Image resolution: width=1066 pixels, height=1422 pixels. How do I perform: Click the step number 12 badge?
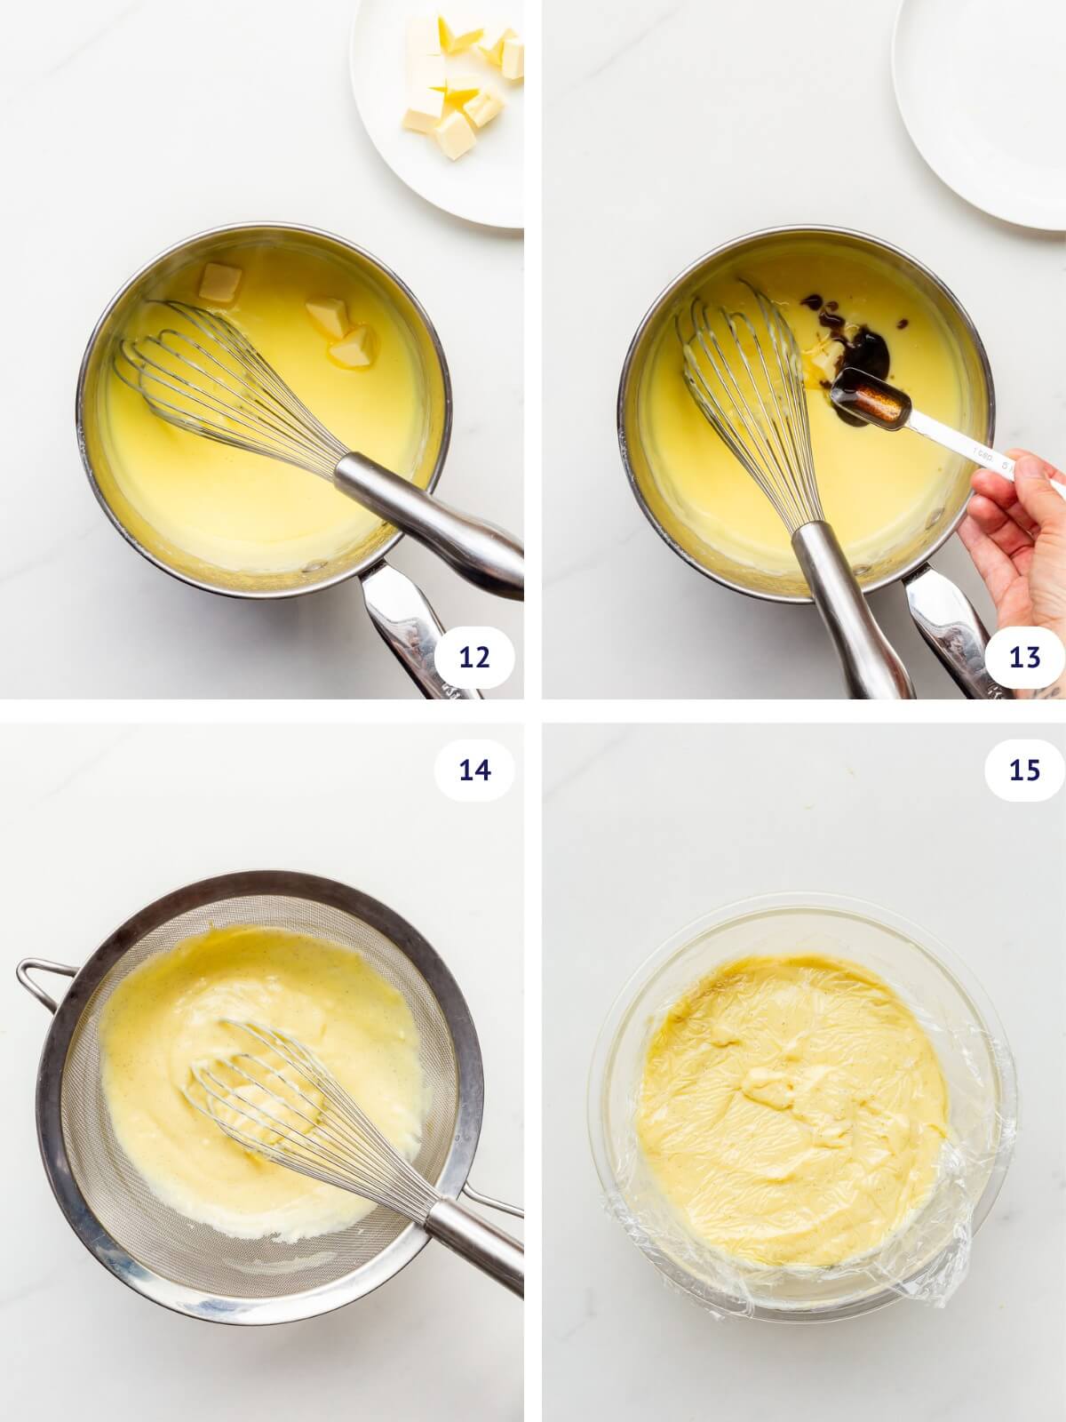(x=474, y=658)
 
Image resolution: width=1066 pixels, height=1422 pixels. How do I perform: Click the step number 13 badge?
(x=1024, y=658)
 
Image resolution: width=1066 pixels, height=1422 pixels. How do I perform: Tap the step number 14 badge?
(x=474, y=770)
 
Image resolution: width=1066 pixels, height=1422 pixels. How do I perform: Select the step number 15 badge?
(x=1024, y=770)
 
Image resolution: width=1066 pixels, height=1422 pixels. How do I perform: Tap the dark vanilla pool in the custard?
(x=866, y=351)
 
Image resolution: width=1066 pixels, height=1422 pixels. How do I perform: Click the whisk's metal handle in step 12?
(x=426, y=515)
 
